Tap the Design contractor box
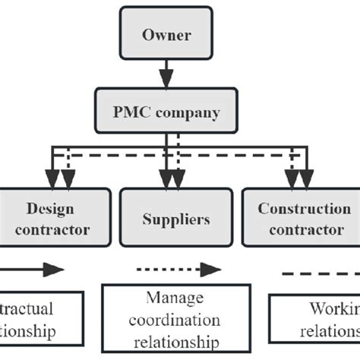point(57,218)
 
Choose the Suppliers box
point(175,218)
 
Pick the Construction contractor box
point(300,218)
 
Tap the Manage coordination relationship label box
point(175,320)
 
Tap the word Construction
point(298,208)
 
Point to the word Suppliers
point(175,219)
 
